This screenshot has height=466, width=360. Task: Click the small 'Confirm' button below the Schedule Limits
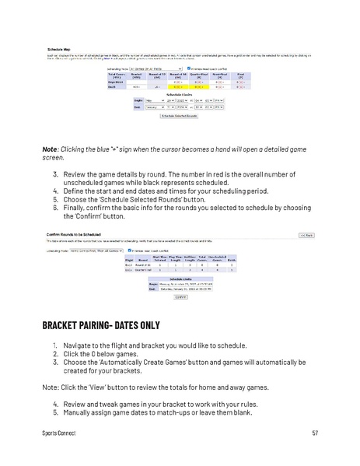[x=181, y=296]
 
